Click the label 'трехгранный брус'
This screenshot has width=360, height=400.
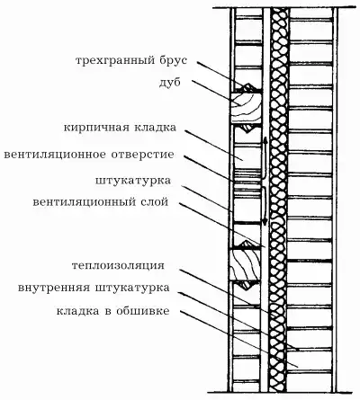[131, 61]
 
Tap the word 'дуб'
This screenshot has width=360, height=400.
[170, 83]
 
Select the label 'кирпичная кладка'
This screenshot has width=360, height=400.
[120, 128]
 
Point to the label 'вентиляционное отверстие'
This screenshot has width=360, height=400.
[89, 155]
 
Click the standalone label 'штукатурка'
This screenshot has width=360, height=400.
[133, 181]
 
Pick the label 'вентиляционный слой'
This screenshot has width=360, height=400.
[101, 202]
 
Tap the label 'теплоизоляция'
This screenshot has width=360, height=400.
[118, 266]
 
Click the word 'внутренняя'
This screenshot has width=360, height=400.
[54, 288]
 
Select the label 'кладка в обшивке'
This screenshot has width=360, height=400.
[112, 311]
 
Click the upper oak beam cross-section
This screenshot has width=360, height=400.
[246, 108]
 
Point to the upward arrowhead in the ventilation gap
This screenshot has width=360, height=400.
[265, 140]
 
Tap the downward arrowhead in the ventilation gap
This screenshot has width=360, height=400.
[265, 222]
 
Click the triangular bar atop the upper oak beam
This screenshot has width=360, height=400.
[247, 87]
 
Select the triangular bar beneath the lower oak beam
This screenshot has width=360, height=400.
[247, 286]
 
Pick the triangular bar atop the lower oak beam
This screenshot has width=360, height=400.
[247, 244]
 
